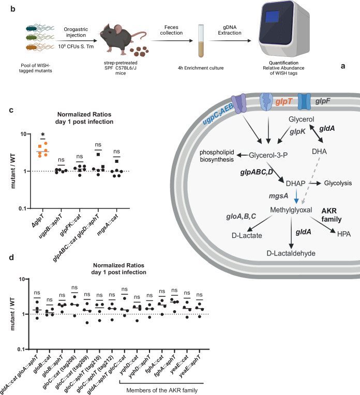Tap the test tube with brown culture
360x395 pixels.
pos(201,41)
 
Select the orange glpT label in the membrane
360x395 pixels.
pos(284,101)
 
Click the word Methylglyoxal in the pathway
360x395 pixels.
pos(291,210)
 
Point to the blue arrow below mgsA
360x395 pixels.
pos(296,197)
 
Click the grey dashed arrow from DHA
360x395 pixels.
pos(311,180)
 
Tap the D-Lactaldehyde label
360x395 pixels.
pos(291,253)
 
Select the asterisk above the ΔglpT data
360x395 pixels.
pos(42,135)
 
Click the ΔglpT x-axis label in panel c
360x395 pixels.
pos(38,221)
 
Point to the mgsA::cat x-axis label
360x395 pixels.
pos(108,225)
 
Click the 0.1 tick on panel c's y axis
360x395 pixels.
pos(23,208)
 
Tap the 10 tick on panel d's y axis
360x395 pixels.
pos(22,279)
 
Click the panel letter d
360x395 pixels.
pos(11,257)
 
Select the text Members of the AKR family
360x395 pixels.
pos(162,390)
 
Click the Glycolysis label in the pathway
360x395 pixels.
pos(338,183)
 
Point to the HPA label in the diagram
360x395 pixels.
pos(344,234)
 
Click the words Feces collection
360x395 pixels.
pos(171,30)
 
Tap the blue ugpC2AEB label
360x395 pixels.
pos(218,114)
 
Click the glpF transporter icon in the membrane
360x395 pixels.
pos(304,101)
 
